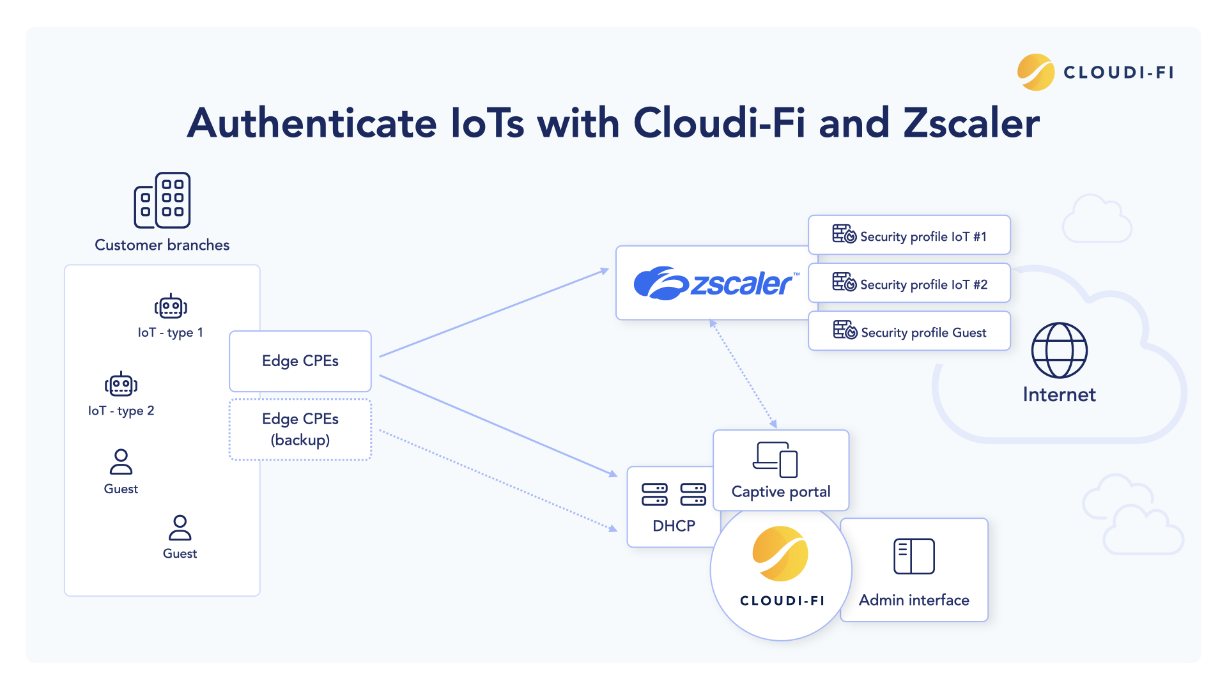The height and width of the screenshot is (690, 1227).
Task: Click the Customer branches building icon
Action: tap(162, 200)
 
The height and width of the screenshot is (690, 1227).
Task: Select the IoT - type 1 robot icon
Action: tap(171, 307)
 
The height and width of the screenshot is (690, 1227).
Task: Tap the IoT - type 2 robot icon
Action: tap(121, 384)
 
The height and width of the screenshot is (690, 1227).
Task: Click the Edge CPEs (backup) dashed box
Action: tap(300, 429)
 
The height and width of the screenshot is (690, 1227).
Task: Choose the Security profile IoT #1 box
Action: tap(909, 235)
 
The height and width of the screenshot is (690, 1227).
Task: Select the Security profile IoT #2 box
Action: tap(909, 283)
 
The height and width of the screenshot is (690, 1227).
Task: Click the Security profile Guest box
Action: tap(909, 331)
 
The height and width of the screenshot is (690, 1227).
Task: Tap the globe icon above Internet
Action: tap(1059, 350)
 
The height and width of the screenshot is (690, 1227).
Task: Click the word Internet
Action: tap(1059, 394)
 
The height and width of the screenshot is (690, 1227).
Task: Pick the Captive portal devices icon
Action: tap(775, 459)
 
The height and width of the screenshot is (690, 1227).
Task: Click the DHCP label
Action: tap(674, 526)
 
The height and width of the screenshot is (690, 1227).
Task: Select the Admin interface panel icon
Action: tap(914, 556)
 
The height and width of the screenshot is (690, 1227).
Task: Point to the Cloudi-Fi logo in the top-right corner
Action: tap(1095, 72)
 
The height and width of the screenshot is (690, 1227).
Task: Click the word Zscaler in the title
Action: tap(971, 123)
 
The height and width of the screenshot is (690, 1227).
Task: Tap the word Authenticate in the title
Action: tap(312, 123)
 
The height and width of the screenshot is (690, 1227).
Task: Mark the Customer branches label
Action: tap(162, 245)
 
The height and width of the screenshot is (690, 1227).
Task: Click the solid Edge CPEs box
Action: tap(300, 361)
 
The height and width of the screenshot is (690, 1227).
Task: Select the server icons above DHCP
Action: tap(674, 494)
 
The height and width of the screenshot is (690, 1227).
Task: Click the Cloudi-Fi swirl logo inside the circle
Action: tap(780, 553)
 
